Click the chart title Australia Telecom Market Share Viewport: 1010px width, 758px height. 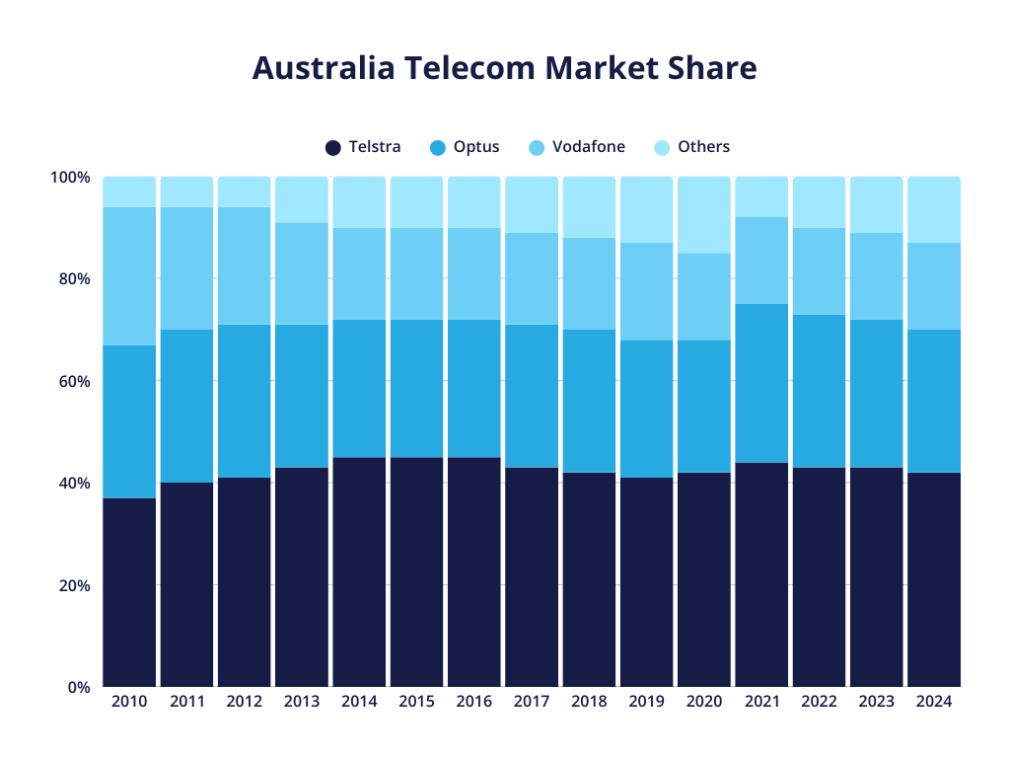tap(504, 68)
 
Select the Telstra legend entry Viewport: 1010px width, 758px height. tap(363, 147)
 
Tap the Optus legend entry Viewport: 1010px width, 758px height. tap(465, 147)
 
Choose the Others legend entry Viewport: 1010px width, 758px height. tap(691, 147)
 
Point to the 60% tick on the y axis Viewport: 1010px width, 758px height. tap(70, 381)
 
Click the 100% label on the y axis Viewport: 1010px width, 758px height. tap(70, 178)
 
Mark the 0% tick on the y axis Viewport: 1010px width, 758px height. tap(79, 687)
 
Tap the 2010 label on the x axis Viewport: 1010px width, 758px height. tap(129, 702)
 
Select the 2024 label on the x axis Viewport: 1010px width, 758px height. tap(933, 702)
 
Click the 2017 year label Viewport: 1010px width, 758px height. tap(532, 702)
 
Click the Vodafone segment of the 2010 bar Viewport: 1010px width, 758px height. tap(129, 276)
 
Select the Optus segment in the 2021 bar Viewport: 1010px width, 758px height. tap(761, 383)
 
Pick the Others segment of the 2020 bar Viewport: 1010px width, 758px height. tap(704, 215)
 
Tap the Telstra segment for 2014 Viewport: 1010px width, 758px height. tap(359, 572)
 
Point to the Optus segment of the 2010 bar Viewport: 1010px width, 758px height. tap(129, 421)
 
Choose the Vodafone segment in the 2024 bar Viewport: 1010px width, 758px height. tap(933, 286)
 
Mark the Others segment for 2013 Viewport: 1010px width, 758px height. tap(302, 200)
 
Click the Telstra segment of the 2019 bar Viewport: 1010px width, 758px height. tap(646, 582)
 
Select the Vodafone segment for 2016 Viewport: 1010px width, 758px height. tap(474, 273)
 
